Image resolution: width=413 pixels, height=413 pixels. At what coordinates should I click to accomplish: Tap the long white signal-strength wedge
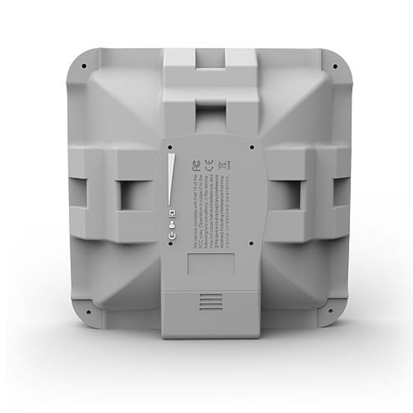(171, 180)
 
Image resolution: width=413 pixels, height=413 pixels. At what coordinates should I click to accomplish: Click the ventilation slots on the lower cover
(211, 302)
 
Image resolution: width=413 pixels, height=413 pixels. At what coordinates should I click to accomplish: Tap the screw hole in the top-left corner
(84, 66)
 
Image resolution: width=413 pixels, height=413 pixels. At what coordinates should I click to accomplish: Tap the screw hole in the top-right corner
(335, 66)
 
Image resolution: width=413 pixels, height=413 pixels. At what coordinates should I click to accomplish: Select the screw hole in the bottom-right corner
(330, 311)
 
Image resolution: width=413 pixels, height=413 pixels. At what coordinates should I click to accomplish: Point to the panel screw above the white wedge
(170, 147)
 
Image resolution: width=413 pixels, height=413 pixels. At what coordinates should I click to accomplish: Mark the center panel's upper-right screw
(252, 147)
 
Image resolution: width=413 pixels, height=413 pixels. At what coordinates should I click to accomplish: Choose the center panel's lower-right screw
(251, 244)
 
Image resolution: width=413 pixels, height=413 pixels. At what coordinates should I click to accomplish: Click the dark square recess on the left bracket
(131, 195)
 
